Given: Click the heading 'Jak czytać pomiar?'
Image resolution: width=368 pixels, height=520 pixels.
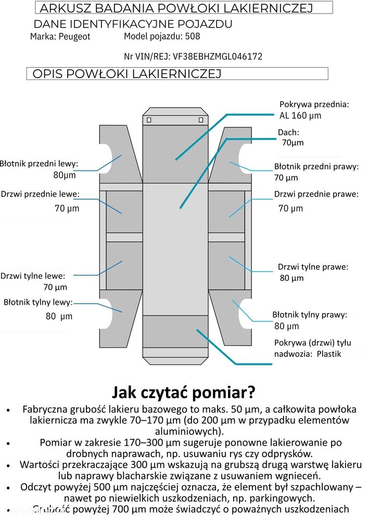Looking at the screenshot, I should coord(184,392).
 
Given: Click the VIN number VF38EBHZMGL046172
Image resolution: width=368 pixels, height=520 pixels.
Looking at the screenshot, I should coord(225,56).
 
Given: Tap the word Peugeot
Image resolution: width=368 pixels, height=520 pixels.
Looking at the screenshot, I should coord(74,37).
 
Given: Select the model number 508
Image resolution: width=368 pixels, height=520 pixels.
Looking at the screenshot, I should coord(192,36).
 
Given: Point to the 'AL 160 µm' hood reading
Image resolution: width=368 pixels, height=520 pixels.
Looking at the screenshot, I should coord(300,115).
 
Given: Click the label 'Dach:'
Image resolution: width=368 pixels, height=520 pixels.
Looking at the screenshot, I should coord(288,133).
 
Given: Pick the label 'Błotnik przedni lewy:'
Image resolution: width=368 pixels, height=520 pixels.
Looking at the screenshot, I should coord(39,164).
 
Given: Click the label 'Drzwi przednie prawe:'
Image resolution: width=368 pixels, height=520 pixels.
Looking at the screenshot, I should coord(316,194).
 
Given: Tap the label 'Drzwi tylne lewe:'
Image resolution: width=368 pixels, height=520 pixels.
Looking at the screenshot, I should coord(33,276).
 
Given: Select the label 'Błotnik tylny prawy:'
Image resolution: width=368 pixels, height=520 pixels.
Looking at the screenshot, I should coord(309,315).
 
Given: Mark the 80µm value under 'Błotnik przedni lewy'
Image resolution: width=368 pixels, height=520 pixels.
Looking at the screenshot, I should coord(65,175).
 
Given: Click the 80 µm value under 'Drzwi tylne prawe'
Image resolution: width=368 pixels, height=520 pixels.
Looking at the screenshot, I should coord(291,278).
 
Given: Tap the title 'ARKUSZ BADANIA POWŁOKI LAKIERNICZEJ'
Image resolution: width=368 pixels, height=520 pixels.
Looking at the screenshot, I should coord(176,8).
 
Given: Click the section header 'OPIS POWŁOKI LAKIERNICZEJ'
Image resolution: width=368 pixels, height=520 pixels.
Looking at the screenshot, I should coord(127,74).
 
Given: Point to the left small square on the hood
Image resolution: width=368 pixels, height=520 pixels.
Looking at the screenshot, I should coord(149,120).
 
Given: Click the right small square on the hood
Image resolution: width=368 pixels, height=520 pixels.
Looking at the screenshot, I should coord(200,120).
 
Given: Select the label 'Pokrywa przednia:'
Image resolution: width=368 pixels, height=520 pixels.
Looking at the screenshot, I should coord(314,104).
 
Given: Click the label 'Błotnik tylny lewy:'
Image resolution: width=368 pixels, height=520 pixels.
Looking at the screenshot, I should coord(38,302).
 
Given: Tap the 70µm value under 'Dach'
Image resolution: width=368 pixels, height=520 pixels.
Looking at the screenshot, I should coord(293,142).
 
